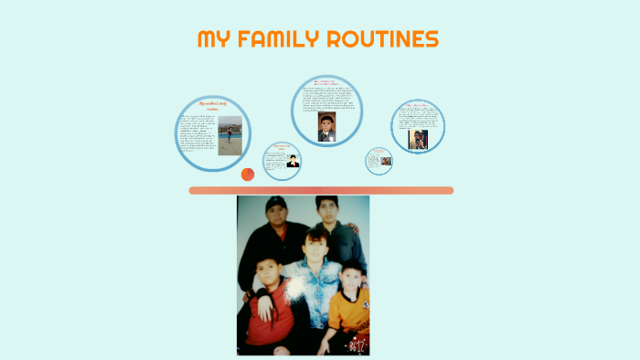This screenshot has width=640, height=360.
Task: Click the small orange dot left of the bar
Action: click(247, 174)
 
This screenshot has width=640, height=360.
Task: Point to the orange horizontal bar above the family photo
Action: click(321, 190)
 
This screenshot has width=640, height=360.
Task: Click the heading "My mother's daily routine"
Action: click(213, 108)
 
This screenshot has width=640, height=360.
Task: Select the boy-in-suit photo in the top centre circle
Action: click(325, 127)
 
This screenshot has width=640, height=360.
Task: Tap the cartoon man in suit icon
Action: click(293, 161)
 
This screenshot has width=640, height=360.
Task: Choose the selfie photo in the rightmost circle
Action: click(418, 139)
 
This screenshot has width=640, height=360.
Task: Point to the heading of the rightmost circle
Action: click(418, 106)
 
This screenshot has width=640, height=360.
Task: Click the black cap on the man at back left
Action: click(275, 203)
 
